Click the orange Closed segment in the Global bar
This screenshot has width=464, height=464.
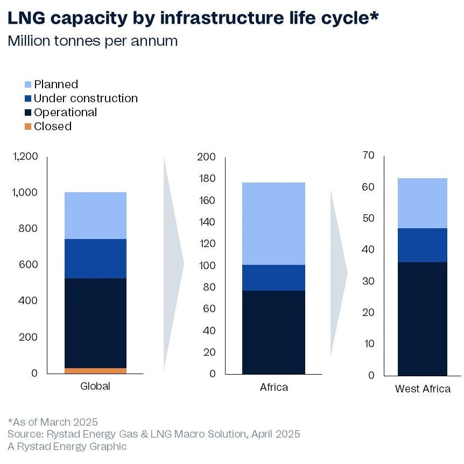tap(95, 370)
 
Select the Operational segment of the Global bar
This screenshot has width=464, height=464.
tap(95, 323)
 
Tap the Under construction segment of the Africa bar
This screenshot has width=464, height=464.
tap(273, 278)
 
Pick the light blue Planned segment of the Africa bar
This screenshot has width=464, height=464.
tap(273, 223)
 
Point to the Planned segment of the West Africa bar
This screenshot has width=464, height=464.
tap(423, 203)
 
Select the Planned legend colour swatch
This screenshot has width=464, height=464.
tap(28, 85)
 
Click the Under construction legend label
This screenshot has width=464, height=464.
tap(86, 99)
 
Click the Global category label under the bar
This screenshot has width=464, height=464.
tap(95, 386)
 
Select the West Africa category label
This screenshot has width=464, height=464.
tap(423, 389)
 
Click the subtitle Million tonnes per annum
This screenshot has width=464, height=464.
tap(93, 41)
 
